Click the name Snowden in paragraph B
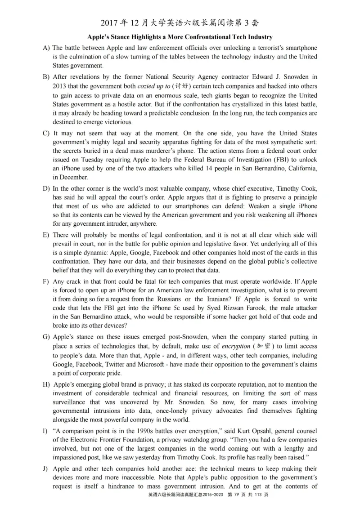(x=296, y=77)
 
